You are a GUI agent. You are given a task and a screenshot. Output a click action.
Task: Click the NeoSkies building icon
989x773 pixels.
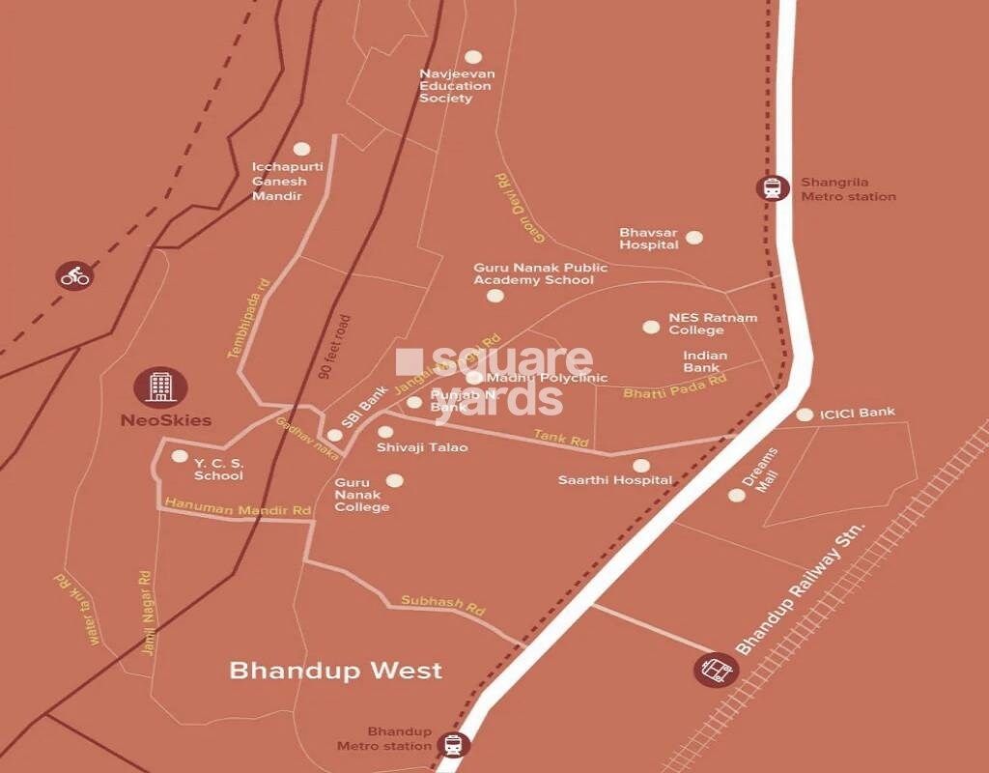(x=160, y=386)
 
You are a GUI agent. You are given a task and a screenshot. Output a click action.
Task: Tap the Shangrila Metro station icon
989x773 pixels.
(x=773, y=188)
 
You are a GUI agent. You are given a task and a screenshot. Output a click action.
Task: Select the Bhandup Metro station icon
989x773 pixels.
(x=453, y=745)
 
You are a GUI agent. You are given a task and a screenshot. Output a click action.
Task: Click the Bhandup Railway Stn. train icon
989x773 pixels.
(x=717, y=669)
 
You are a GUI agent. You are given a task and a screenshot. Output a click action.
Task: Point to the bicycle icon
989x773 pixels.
(x=74, y=275)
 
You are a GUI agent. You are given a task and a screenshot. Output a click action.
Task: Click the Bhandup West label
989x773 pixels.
(x=335, y=670)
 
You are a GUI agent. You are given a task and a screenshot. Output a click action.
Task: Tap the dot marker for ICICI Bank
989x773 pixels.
(x=805, y=415)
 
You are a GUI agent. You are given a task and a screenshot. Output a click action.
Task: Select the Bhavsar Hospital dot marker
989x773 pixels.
(x=694, y=237)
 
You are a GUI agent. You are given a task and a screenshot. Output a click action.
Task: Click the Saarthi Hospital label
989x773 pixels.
(x=615, y=480)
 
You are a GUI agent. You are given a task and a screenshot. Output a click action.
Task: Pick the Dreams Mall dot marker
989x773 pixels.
(x=736, y=495)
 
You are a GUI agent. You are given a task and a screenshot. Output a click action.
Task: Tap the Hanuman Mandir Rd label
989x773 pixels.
(x=238, y=505)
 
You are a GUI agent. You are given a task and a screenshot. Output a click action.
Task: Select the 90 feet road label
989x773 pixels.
(x=335, y=345)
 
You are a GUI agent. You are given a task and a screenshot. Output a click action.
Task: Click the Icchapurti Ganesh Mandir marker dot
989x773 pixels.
(x=301, y=150)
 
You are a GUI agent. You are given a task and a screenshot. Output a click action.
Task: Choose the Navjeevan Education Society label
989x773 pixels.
(x=455, y=86)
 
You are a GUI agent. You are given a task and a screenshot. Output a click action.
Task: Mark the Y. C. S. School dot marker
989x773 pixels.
(x=179, y=456)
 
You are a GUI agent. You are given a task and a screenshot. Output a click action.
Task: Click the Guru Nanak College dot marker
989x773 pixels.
(x=394, y=480)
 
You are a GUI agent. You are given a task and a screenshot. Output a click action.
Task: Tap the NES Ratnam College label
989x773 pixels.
(x=713, y=324)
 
